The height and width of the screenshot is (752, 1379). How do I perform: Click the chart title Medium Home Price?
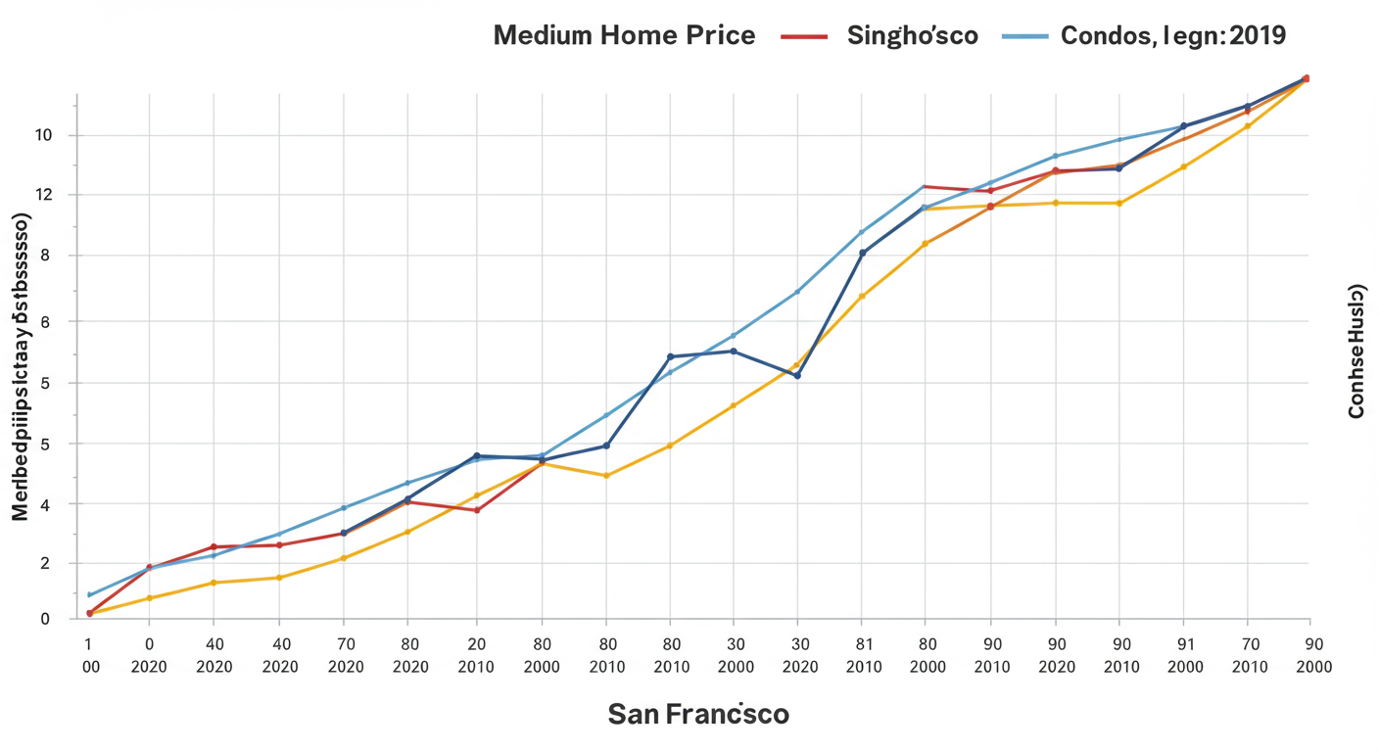tap(624, 36)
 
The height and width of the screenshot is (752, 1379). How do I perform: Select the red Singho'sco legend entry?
tap(880, 36)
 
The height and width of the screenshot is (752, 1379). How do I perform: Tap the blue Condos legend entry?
tap(1143, 36)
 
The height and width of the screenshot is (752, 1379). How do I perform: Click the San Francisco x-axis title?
tap(697, 714)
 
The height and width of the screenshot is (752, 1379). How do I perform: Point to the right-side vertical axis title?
tap(1356, 351)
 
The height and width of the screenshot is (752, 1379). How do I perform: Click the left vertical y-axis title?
tap(20, 366)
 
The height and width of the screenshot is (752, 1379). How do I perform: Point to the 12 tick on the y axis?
tap(44, 196)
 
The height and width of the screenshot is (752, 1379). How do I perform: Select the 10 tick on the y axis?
tap(44, 135)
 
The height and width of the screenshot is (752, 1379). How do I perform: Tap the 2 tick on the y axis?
tap(44, 564)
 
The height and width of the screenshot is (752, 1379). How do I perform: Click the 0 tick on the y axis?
tap(44, 619)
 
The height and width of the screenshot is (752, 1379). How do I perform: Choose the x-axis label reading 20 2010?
tap(476, 655)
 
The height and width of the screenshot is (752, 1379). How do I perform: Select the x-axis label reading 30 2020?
tap(796, 655)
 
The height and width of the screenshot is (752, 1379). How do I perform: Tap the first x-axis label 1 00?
tap(89, 655)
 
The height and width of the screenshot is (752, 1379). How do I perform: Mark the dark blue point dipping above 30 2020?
tap(797, 376)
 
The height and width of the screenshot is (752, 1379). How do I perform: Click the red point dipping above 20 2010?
tap(477, 510)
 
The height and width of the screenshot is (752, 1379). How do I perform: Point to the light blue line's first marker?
tap(90, 594)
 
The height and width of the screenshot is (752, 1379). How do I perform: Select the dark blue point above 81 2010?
tap(862, 253)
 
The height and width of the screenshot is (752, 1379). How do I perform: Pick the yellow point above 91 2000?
tap(1183, 166)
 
